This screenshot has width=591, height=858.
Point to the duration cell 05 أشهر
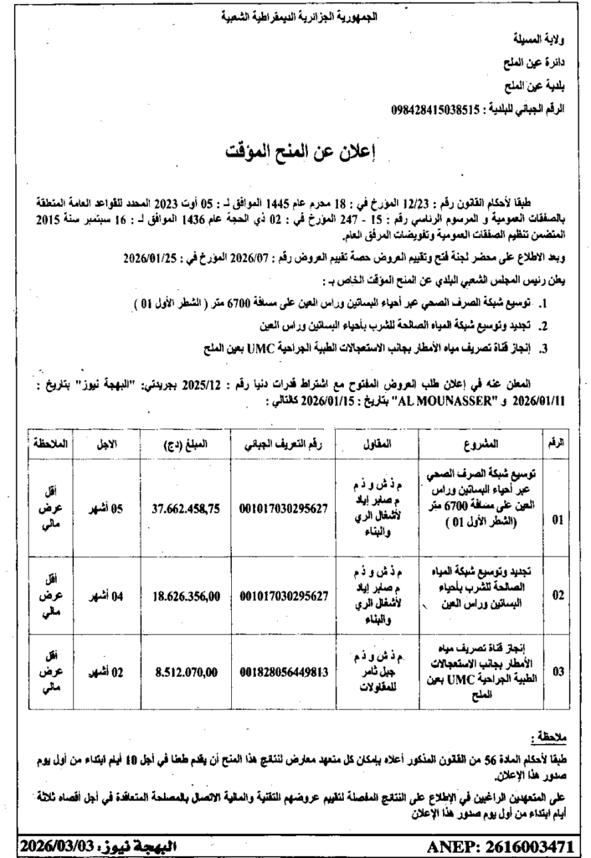pos(107,508)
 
